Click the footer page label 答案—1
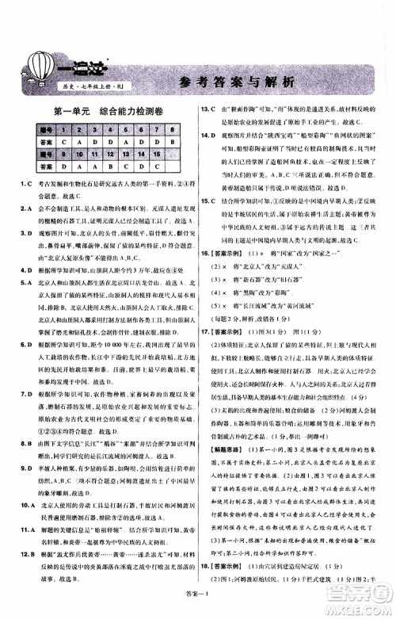click(197, 605)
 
